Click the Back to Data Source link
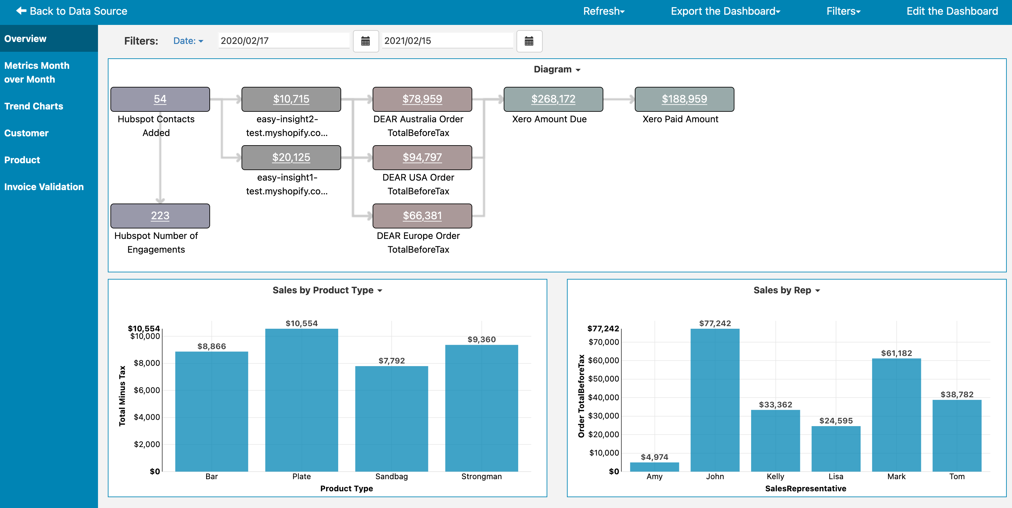click(x=72, y=11)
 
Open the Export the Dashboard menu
click(x=725, y=11)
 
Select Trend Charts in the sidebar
click(x=34, y=106)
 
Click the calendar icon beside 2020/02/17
click(x=365, y=41)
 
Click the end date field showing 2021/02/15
click(x=447, y=41)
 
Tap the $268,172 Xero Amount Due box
click(x=553, y=99)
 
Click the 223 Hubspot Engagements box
click(x=160, y=216)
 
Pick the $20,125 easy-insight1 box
click(x=291, y=158)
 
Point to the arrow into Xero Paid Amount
click(x=619, y=99)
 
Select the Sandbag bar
click(x=391, y=419)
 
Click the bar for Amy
click(x=654, y=467)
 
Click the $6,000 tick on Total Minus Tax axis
click(x=146, y=390)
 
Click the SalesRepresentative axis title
click(x=805, y=488)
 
